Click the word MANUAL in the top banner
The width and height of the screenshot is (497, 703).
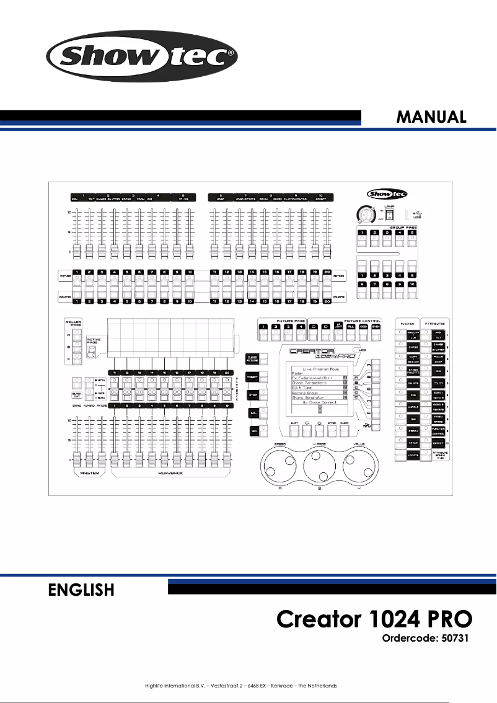click(431, 117)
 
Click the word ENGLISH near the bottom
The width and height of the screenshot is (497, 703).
click(81, 590)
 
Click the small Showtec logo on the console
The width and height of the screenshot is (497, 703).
click(383, 193)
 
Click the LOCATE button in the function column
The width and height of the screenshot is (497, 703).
click(410, 455)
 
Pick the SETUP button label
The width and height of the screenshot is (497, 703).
click(410, 444)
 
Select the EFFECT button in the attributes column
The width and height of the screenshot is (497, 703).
click(438, 444)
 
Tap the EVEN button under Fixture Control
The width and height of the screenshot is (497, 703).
click(376, 327)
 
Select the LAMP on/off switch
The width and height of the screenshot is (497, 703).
click(389, 217)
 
